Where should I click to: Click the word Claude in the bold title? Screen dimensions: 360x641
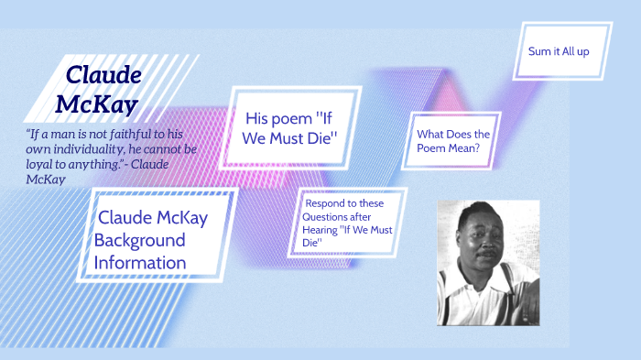[x=103, y=75]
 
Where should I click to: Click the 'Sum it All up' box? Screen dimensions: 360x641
[x=559, y=51]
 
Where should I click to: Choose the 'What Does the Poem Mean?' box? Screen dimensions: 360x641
[x=452, y=140]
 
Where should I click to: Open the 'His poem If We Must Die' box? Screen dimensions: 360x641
[x=292, y=127]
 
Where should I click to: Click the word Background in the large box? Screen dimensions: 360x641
[x=139, y=240]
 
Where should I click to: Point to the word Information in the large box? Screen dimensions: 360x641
[x=140, y=263]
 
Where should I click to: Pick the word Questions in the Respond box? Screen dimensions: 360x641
[x=326, y=217]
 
